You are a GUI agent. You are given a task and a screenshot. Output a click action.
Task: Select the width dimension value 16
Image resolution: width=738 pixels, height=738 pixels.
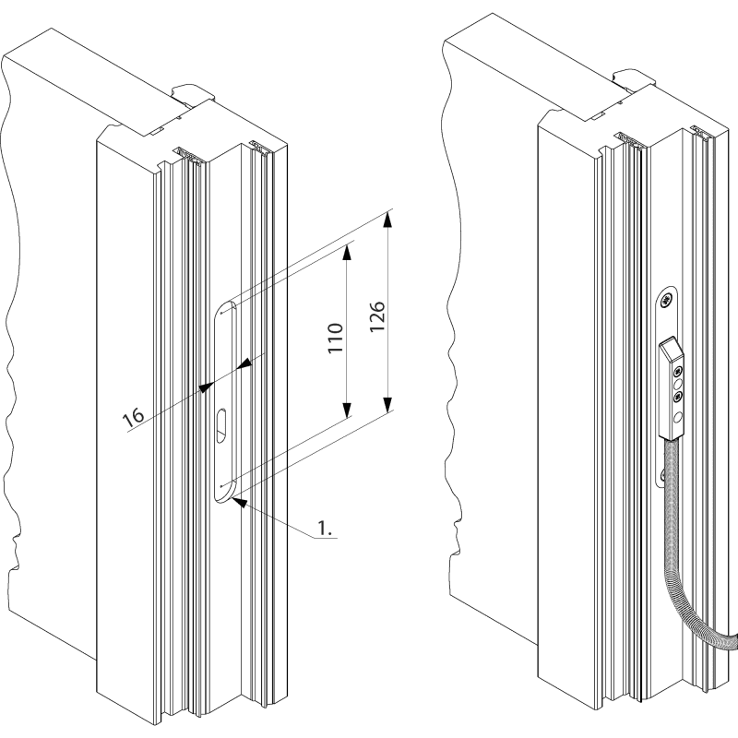coord(134,417)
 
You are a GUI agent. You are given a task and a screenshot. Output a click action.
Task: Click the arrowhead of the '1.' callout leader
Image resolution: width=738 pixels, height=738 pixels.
coord(238,501)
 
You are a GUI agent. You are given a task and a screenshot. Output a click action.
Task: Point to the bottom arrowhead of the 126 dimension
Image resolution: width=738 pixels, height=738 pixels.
coord(388,405)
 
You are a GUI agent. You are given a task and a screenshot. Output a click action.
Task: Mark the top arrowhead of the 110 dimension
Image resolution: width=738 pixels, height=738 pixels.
coord(349,249)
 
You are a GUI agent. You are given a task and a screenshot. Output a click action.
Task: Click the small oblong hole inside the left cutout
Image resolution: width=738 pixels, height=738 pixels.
coord(223,425)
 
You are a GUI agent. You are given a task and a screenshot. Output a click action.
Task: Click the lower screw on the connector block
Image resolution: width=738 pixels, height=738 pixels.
coord(679,396)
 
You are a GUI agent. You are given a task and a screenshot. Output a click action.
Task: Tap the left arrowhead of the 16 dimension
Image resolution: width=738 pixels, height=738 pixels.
coord(204,388)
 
